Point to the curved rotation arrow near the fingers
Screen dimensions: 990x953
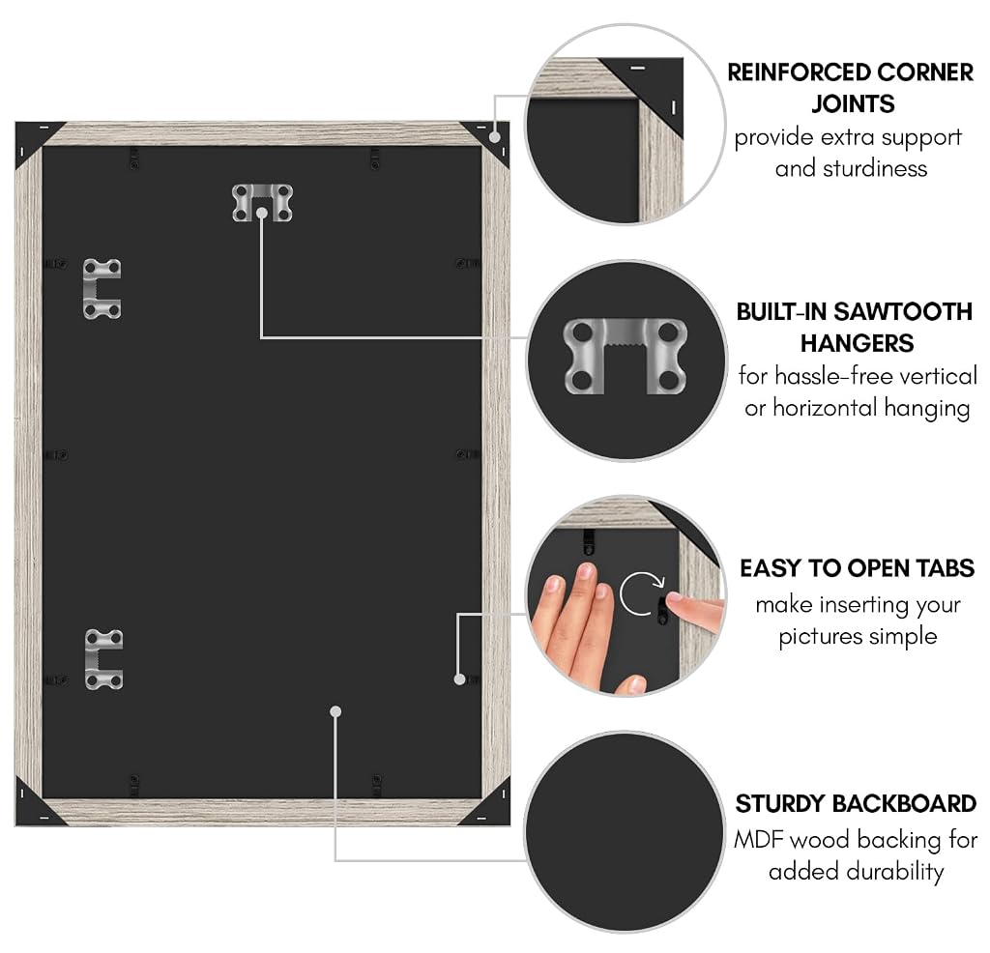coord(640,593)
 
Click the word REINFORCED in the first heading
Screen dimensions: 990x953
coord(798,72)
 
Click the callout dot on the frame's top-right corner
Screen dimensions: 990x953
coord(495,137)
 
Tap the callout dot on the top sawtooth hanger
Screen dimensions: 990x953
coord(261,214)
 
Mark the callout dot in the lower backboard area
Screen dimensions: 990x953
coord(335,712)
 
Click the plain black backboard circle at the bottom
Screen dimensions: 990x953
coord(625,832)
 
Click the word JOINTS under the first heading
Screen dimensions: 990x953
coord(853,104)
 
